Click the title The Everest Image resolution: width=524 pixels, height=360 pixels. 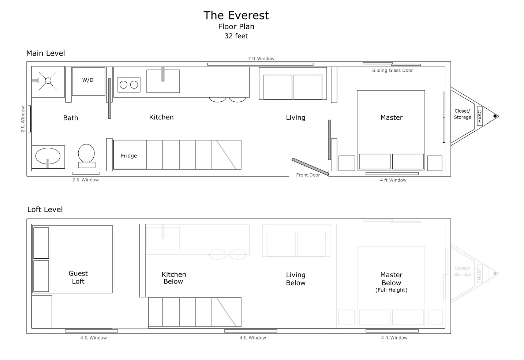click(x=236, y=15)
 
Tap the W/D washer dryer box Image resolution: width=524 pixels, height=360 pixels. click(x=89, y=82)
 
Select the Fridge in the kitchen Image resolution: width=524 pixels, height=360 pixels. click(x=130, y=155)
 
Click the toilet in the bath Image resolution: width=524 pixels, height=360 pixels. click(x=86, y=156)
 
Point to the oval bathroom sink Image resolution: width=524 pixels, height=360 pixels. click(x=48, y=156)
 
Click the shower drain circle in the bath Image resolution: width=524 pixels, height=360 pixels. click(x=48, y=81)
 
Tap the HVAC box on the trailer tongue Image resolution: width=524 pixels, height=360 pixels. click(x=480, y=116)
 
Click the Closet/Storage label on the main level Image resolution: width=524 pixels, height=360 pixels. click(x=463, y=114)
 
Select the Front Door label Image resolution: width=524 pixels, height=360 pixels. click(x=308, y=175)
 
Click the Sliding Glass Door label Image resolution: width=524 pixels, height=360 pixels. click(x=393, y=70)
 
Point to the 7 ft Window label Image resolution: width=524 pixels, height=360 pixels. click(x=261, y=59)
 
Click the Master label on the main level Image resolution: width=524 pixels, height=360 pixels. click(x=392, y=117)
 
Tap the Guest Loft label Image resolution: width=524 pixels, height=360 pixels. click(x=78, y=277)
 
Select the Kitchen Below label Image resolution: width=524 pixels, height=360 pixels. click(x=173, y=278)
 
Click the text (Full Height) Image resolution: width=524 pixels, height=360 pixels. click(x=392, y=290)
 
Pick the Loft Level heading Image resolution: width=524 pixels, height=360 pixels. click(x=45, y=209)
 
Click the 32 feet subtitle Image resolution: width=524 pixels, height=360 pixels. click(x=236, y=36)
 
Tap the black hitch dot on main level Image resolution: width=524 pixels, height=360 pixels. click(x=495, y=116)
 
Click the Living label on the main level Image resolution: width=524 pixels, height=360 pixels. click(x=296, y=118)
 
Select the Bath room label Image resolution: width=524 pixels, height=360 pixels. click(x=71, y=118)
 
